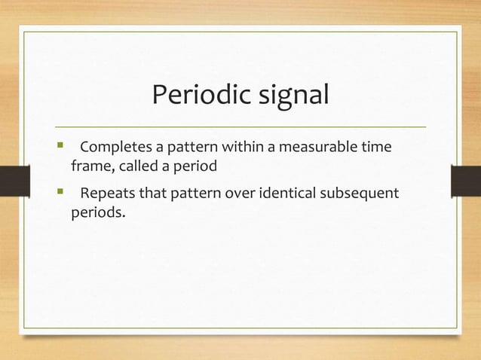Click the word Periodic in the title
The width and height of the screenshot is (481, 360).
(x=195, y=97)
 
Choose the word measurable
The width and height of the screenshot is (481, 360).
(x=308, y=146)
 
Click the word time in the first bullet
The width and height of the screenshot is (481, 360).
(x=375, y=146)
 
